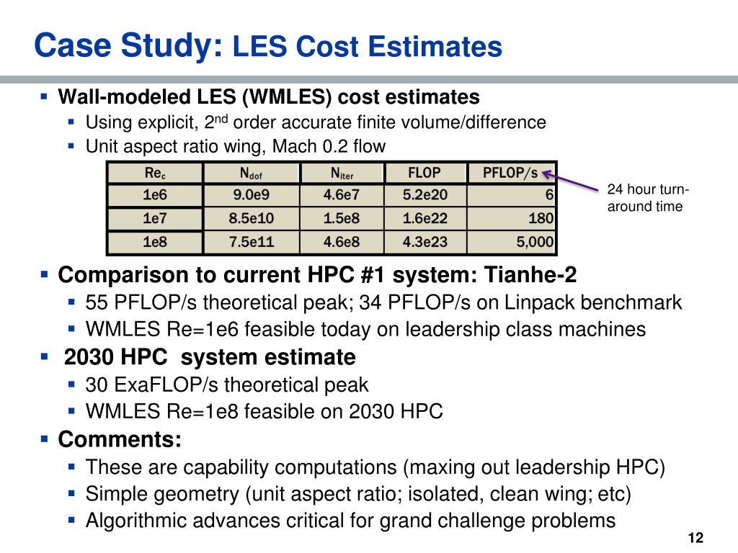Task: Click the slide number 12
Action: [695, 538]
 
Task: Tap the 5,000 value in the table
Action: [534, 242]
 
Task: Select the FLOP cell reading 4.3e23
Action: [424, 242]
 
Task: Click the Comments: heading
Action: [120, 439]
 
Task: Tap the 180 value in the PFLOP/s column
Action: [541, 218]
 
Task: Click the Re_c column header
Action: [154, 173]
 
